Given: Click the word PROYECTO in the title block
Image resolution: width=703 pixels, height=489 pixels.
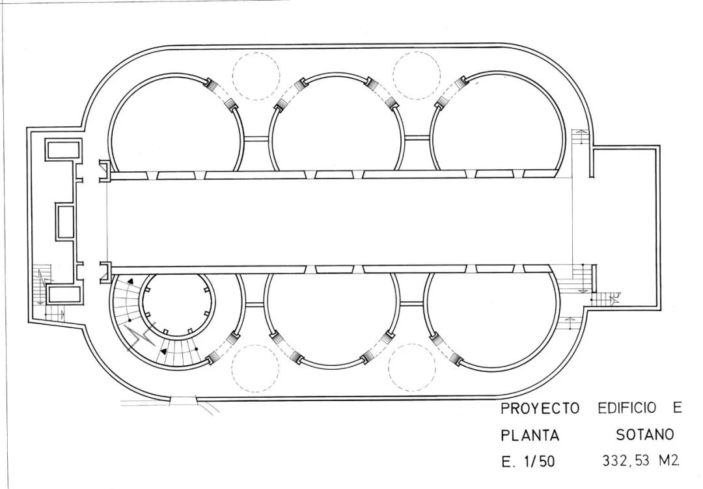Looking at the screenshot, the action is pos(540,409).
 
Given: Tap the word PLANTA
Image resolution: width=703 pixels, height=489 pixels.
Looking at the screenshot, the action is pos(529,435).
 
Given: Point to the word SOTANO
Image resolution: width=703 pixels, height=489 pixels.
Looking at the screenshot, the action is pos(644,434).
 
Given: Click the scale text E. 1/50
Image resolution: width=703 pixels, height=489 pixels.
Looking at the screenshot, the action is pos(528,462).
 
